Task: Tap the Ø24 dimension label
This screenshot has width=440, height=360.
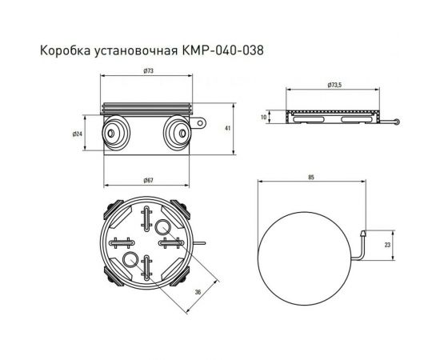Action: [x=78, y=134]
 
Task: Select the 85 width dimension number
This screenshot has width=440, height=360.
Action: [x=310, y=181]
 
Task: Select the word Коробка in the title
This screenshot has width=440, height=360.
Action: [x=63, y=50]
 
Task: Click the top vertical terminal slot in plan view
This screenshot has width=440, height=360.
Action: [x=149, y=218]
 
